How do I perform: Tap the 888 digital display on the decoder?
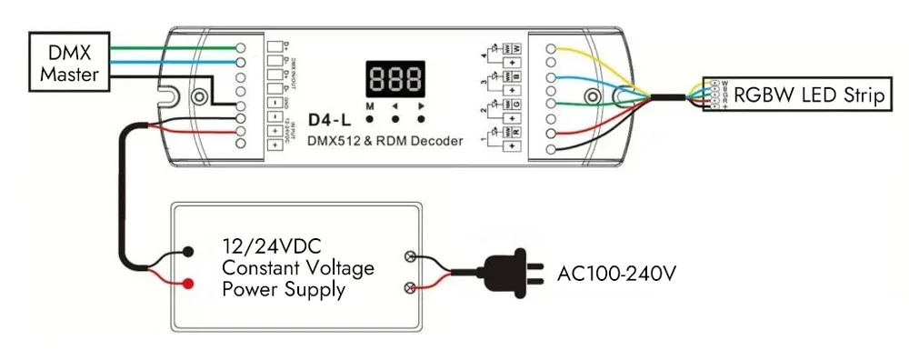click(395, 79)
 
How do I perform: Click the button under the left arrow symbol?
click(395, 118)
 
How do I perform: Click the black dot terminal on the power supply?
click(187, 251)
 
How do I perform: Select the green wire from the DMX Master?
click(164, 46)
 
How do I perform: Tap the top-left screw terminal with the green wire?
click(241, 46)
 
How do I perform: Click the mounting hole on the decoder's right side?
click(593, 96)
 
